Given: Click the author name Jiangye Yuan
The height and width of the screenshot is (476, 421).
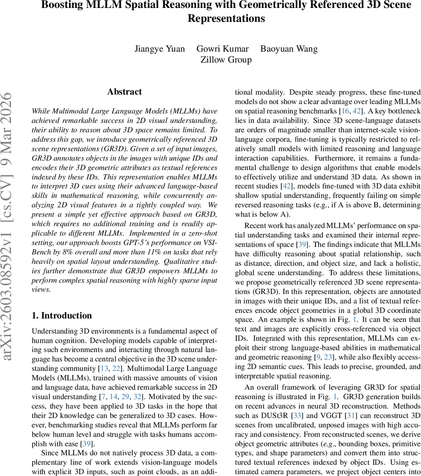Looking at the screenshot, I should click(x=159, y=49).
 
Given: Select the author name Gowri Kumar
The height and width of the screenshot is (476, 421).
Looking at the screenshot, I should click(x=222, y=49).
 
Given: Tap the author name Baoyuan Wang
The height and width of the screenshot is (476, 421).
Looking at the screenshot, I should click(x=289, y=49).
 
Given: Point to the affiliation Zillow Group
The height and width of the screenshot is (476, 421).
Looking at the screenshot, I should click(x=226, y=59).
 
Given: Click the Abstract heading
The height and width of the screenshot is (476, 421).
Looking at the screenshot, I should click(x=124, y=92).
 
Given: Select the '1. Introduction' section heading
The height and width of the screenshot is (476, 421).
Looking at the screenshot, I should click(x=62, y=315).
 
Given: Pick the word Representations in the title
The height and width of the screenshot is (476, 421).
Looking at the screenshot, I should click(x=226, y=19).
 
